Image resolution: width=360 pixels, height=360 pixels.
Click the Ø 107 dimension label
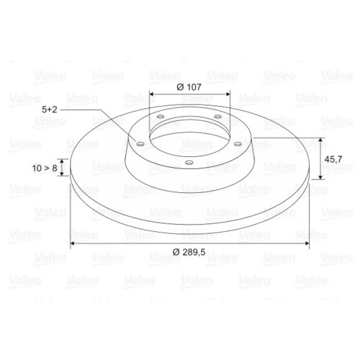[x=189, y=87]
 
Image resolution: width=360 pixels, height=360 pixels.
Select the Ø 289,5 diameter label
[x=189, y=252]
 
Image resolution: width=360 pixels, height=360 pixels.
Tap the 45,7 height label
[x=333, y=159]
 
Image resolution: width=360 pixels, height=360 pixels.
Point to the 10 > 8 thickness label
[x=45, y=168]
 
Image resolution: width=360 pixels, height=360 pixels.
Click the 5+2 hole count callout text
[x=50, y=109]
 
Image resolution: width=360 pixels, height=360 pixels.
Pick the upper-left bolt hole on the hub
[x=161, y=117]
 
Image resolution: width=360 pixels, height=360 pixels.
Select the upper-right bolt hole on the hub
[x=217, y=117]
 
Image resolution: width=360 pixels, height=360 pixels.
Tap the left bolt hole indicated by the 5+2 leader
[x=140, y=144]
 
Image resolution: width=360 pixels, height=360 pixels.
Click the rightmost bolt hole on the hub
[x=238, y=144]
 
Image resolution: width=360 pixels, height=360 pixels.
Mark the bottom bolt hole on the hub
[x=189, y=163]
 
